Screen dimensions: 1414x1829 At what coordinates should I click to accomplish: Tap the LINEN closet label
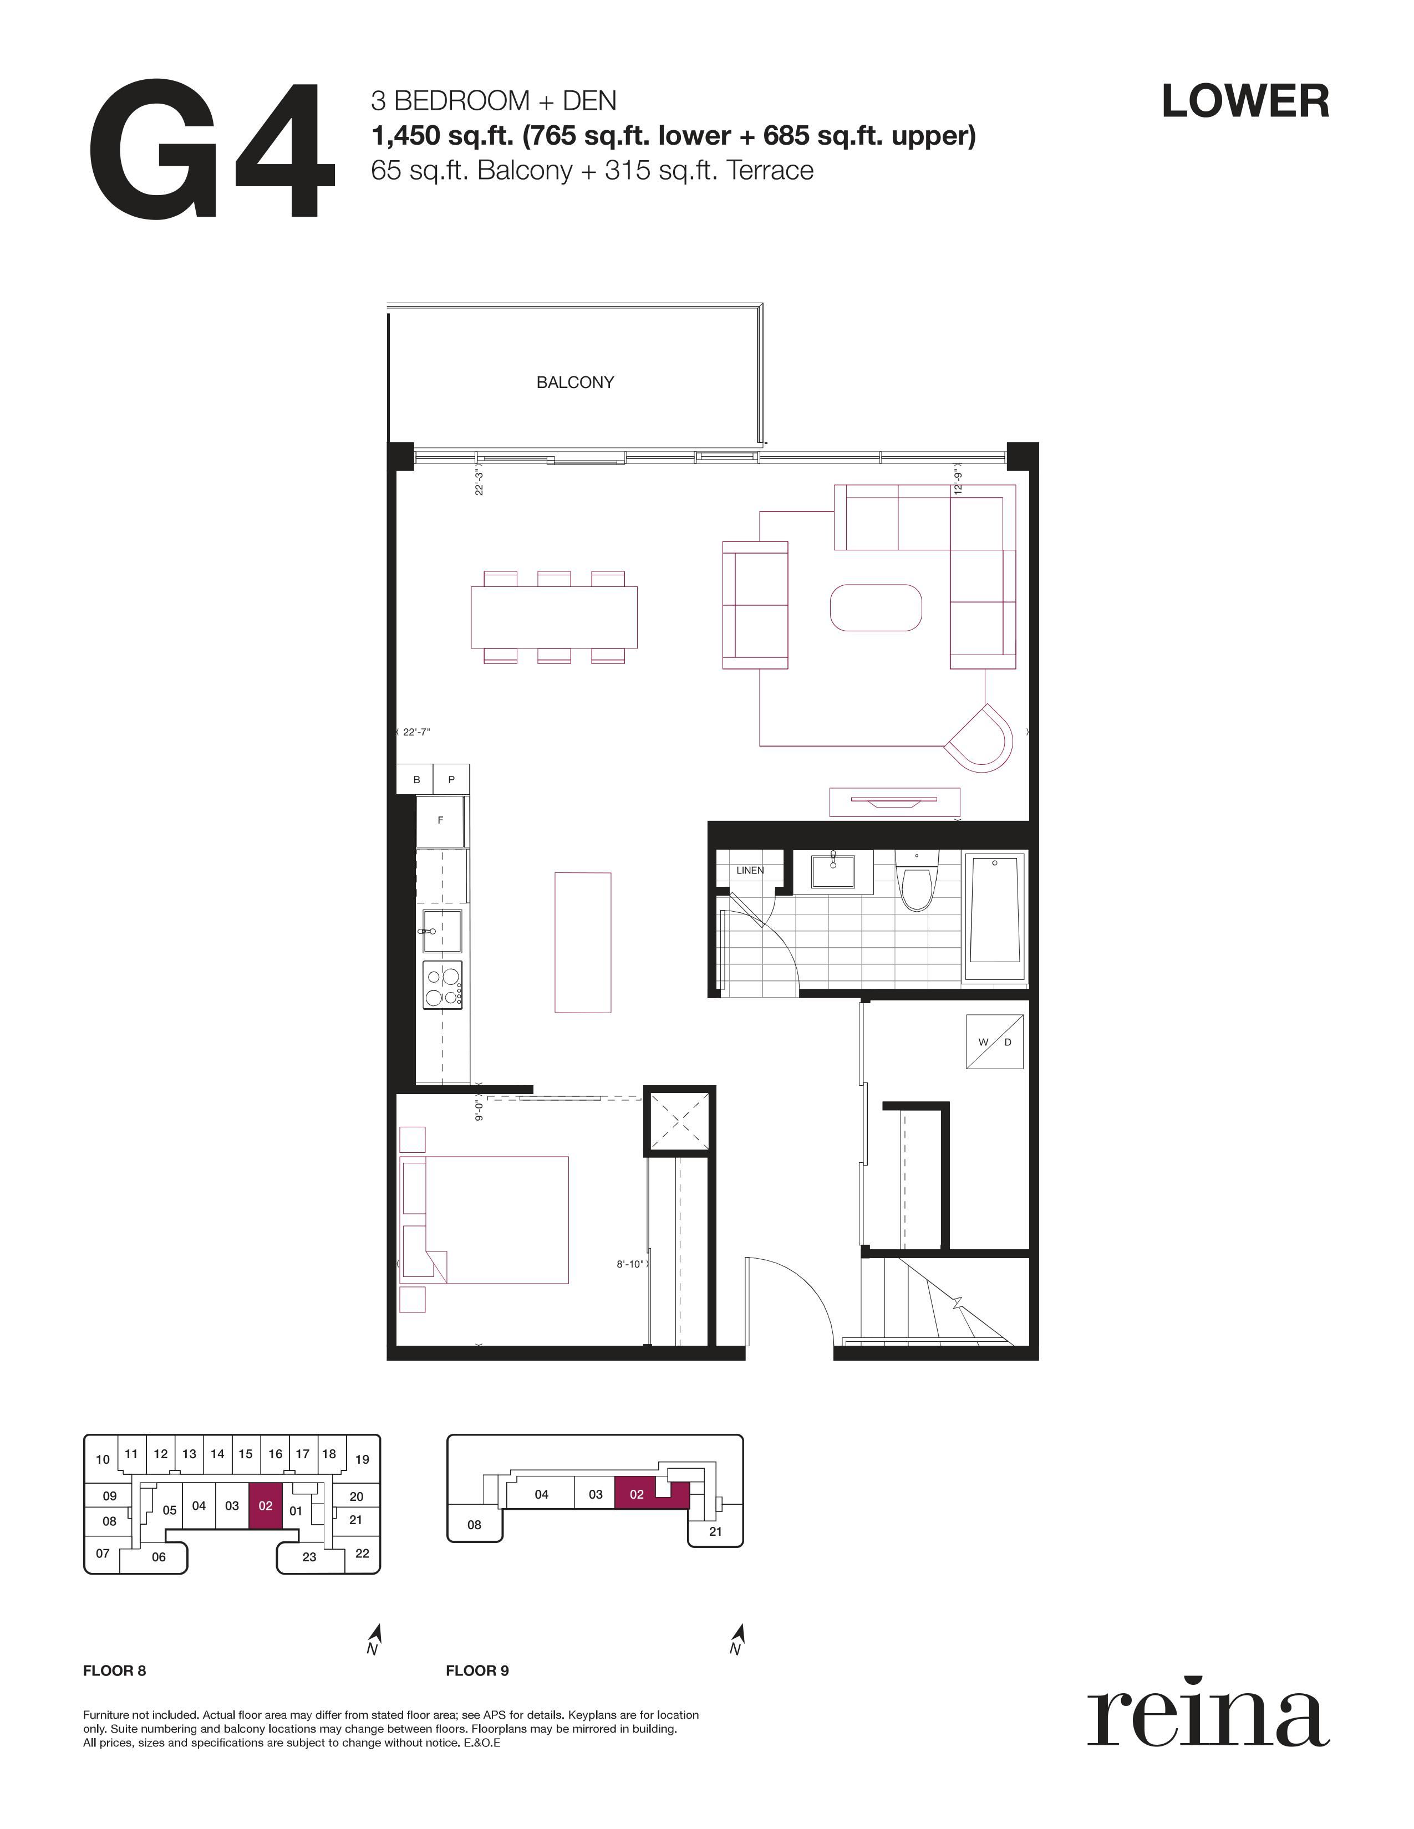click(x=750, y=870)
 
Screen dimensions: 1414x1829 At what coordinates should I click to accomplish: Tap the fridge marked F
click(x=441, y=821)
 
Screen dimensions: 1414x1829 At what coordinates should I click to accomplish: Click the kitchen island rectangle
click(x=583, y=942)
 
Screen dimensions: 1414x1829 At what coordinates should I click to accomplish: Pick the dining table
click(x=554, y=617)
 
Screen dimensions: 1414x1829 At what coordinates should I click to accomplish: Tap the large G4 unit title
click(x=212, y=151)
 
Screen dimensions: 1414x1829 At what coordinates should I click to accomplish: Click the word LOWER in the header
click(x=1245, y=101)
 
